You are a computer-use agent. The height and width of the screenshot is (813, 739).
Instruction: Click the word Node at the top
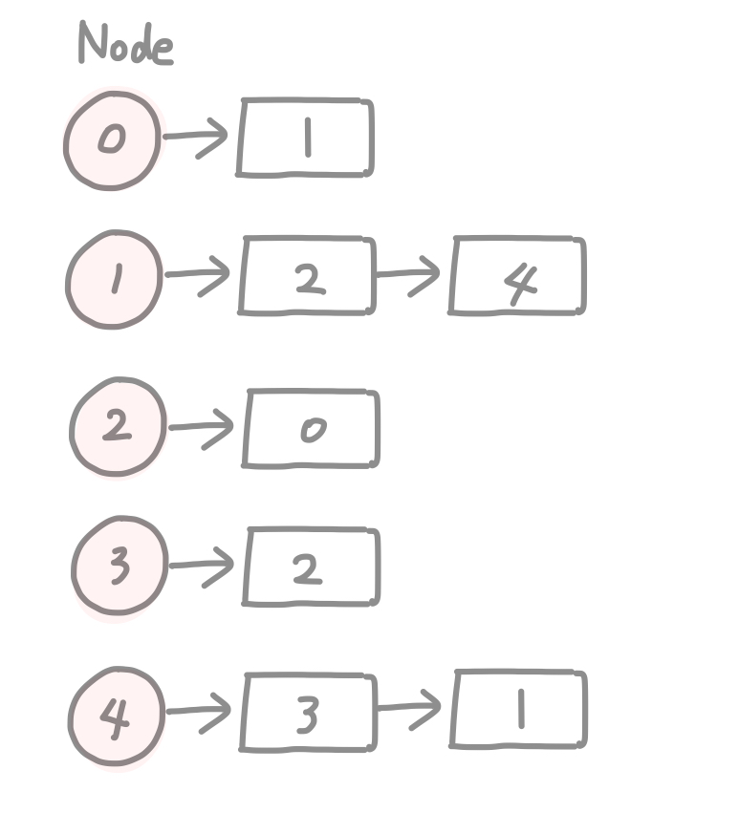125,44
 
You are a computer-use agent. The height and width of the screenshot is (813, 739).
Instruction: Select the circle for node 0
112,140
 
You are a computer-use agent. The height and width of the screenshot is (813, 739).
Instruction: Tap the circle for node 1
114,279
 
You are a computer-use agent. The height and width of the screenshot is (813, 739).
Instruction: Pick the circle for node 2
117,427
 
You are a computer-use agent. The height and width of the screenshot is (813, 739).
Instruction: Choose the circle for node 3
119,567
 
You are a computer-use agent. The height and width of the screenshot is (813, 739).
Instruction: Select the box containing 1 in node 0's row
305,138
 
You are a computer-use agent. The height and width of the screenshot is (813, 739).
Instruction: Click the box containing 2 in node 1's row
307,277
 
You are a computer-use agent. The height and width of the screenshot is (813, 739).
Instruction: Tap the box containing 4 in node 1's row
517,277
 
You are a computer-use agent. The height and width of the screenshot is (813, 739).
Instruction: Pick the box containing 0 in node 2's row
312,428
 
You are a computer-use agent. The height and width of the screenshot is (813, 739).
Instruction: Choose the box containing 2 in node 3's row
312,567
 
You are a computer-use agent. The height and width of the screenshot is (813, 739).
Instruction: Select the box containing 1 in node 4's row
518,711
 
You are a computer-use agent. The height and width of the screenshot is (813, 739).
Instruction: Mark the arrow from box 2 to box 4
410,275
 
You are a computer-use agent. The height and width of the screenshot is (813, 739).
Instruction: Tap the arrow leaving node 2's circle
203,426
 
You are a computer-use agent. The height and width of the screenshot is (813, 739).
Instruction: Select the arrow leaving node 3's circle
203,565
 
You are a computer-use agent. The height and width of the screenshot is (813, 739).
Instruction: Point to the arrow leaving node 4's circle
200,711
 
